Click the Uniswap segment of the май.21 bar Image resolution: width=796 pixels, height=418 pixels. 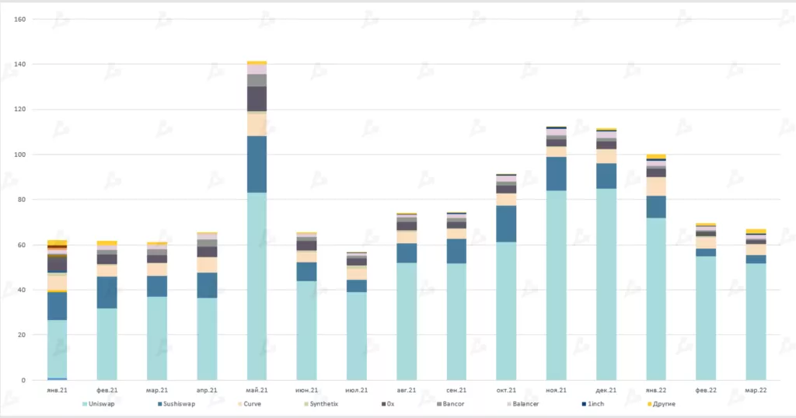click(257, 286)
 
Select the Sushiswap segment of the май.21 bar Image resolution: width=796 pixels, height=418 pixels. click(257, 164)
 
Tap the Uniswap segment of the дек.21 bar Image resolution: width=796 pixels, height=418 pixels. click(606, 284)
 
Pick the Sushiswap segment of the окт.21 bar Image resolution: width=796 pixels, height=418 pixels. click(506, 224)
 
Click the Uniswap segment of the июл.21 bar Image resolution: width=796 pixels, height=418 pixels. click(356, 336)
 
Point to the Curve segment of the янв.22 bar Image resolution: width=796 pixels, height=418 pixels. click(656, 186)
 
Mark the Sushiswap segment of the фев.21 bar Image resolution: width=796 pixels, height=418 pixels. click(107, 292)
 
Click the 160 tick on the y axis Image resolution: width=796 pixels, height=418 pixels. click(21, 19)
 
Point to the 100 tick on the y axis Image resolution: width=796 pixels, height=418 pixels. click(21, 155)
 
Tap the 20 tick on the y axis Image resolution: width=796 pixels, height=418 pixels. click(23, 335)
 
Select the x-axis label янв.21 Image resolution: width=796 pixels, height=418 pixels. click(57, 390)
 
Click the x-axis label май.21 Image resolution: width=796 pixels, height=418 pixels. click(257, 390)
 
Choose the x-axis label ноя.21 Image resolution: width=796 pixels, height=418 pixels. click(556, 390)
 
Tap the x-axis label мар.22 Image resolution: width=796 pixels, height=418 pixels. click(756, 390)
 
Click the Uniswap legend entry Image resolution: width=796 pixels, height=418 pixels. click(101, 404)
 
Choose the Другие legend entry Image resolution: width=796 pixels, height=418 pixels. click(663, 404)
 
